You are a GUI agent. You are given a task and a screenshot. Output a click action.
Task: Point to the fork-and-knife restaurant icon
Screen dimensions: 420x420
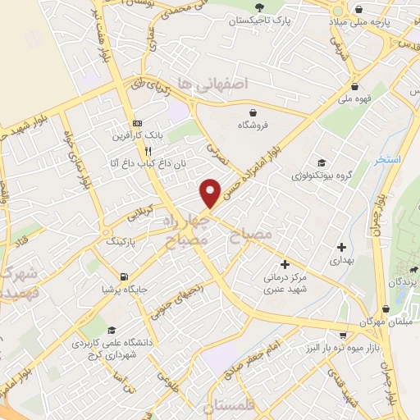(148, 151)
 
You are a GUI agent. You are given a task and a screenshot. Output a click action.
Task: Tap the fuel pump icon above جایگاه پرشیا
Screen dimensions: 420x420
(124, 276)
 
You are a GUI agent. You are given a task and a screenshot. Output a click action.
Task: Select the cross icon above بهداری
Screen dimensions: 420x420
(342, 246)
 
